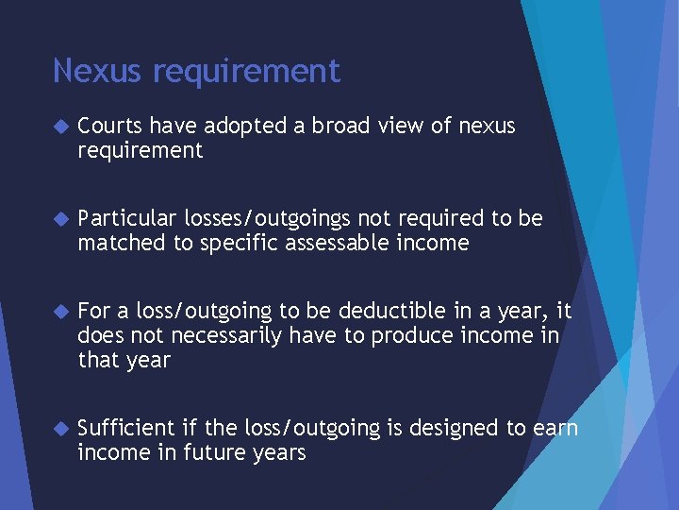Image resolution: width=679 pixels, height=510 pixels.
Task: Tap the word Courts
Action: pyautogui.click(x=109, y=126)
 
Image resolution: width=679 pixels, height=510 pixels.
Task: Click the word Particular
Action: pyautogui.click(x=127, y=219)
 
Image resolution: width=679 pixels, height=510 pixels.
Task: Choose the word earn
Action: pyautogui.click(x=555, y=429)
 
